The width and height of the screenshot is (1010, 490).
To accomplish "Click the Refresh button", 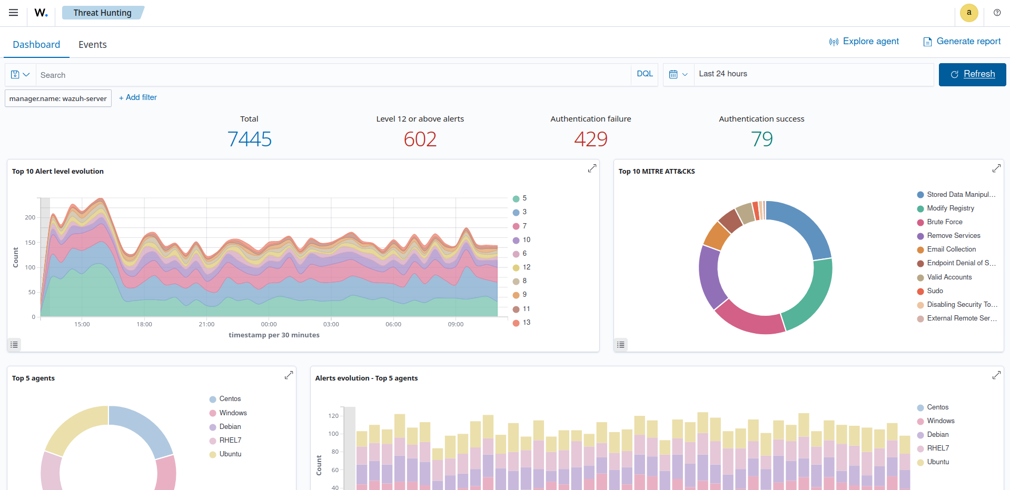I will click(972, 74).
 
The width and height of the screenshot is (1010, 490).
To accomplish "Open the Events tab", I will click(93, 45).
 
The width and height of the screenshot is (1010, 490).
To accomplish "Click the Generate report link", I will click(962, 42).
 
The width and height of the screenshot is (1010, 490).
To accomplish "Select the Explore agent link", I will click(864, 42).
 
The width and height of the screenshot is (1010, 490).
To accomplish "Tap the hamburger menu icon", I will click(14, 13).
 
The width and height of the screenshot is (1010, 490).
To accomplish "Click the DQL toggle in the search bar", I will click(645, 74).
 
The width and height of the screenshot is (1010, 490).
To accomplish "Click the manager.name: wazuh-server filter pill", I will click(58, 98).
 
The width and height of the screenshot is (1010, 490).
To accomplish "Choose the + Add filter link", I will click(138, 97).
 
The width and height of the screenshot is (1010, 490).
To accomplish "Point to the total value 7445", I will click(249, 139).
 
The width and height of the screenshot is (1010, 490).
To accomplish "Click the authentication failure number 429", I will click(590, 139).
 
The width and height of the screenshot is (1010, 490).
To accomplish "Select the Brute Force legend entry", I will click(944, 222).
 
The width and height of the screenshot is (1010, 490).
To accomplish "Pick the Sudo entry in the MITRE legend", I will click(935, 291).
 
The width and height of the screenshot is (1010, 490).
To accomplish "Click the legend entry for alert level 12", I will click(526, 267).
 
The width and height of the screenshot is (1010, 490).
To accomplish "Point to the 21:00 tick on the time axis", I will click(206, 324).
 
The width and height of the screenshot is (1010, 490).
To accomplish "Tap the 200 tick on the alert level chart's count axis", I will click(30, 217).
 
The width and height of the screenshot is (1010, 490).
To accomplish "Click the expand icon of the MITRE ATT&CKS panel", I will click(996, 168).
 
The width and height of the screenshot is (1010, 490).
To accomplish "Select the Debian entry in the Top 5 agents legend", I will click(230, 427).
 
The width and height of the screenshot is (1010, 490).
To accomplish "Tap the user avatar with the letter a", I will click(969, 13).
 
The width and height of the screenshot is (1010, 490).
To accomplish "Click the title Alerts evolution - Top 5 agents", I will click(367, 378).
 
